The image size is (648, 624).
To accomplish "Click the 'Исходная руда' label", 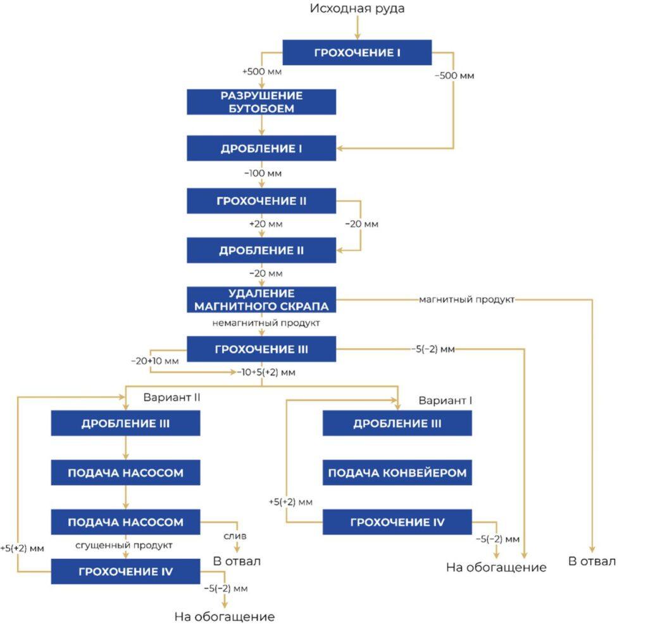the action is click(357, 8).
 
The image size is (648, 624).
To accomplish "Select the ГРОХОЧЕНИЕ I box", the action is click(357, 53).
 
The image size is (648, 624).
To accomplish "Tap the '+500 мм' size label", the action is click(262, 72).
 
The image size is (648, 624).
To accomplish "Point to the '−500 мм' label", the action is click(454, 75).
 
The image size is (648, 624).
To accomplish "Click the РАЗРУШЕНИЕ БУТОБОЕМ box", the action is click(261, 102).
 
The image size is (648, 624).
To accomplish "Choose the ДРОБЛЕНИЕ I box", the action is click(261, 148).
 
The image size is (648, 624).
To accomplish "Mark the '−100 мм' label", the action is click(263, 173).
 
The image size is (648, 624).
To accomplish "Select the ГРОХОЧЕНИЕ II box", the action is click(261, 201).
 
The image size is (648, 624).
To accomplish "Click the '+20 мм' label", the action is click(266, 224).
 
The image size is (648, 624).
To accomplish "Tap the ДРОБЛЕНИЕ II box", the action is click(261, 251).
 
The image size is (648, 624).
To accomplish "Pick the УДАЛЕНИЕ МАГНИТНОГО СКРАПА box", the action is click(261, 299).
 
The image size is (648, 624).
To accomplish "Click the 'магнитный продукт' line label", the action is click(466, 299).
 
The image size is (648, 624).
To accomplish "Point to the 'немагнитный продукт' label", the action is click(266, 323).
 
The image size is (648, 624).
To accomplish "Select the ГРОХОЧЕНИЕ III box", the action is click(261, 349).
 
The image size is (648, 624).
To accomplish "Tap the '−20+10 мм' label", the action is click(155, 361).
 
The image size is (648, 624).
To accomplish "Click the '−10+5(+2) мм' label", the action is click(266, 372).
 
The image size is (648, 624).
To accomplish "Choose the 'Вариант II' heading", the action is click(172, 397).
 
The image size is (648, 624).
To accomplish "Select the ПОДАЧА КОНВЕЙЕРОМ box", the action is click(397, 473).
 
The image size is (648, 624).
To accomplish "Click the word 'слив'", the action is click(235, 536).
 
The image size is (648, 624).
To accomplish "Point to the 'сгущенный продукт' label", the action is click(124, 546).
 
